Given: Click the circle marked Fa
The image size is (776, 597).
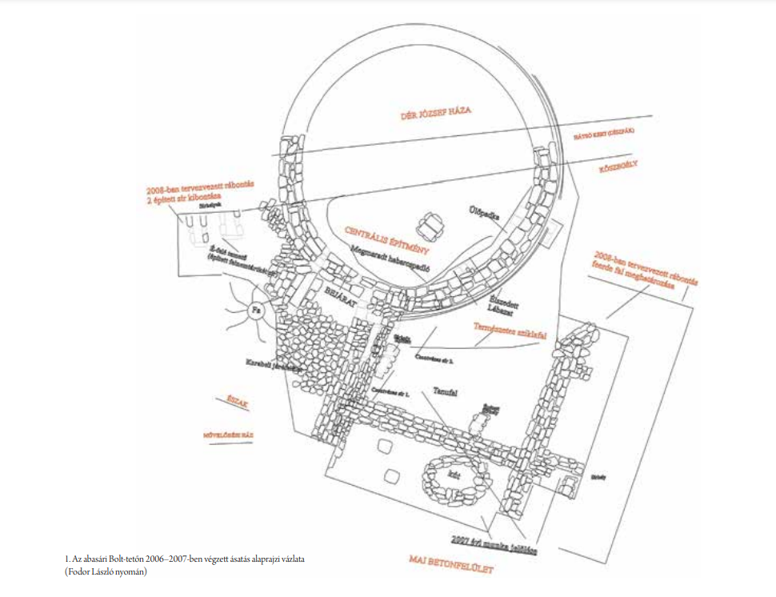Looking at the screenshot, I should coord(258,310).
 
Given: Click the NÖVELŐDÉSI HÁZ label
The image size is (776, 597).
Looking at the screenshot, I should coord(228,436).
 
